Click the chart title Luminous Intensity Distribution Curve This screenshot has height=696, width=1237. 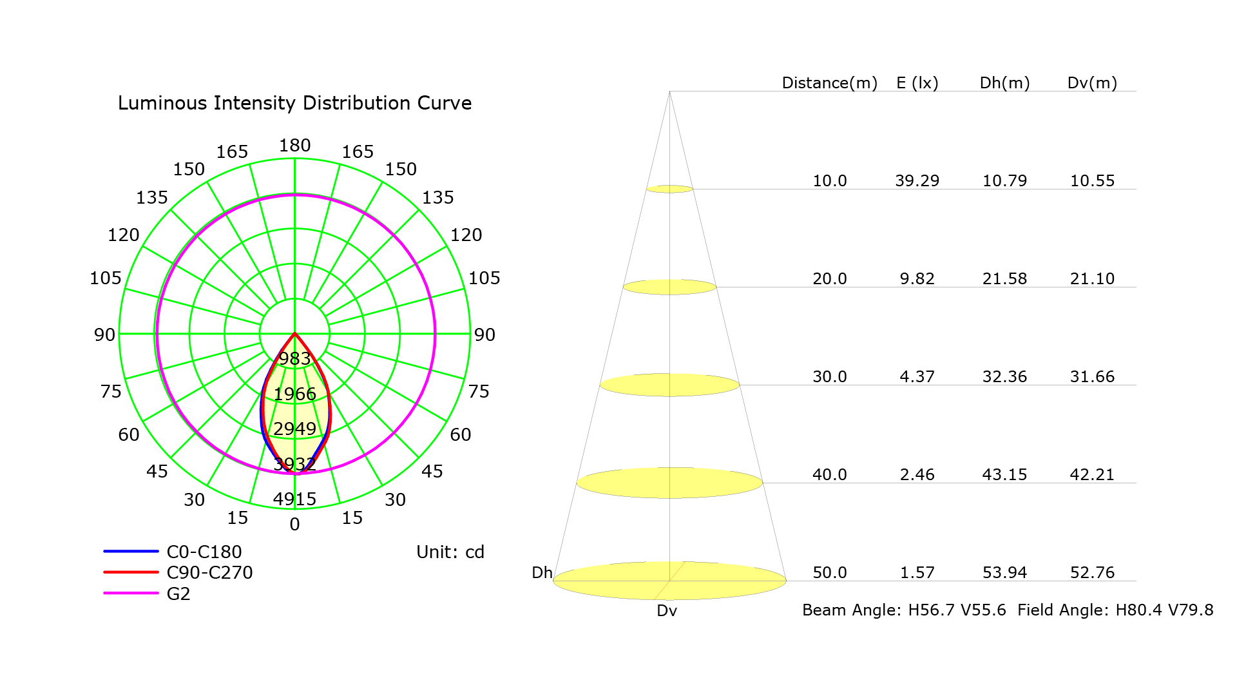tap(294, 103)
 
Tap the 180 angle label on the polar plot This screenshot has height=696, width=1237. tap(294, 146)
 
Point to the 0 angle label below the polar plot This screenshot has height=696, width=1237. tap(294, 525)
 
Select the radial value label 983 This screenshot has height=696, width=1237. tap(294, 358)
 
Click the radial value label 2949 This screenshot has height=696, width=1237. tap(294, 429)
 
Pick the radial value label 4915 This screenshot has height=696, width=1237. tap(294, 499)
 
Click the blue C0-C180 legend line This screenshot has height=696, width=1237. tap(131, 551)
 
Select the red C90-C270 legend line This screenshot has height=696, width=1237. tap(131, 572)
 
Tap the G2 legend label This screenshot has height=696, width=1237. tap(178, 594)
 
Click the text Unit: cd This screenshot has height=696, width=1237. tap(450, 552)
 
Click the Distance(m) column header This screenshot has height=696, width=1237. tap(829, 83)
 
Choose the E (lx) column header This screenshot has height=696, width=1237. tap(917, 83)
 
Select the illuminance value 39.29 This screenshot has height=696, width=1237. tap(917, 181)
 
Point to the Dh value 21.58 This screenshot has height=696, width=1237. tap(1005, 279)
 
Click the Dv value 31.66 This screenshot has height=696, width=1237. tap(1093, 377)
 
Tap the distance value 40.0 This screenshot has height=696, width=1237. tap(829, 475)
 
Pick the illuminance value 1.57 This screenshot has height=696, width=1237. tap(917, 573)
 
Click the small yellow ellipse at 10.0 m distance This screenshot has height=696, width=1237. tap(670, 189)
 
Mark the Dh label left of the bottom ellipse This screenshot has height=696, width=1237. tap(542, 573)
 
